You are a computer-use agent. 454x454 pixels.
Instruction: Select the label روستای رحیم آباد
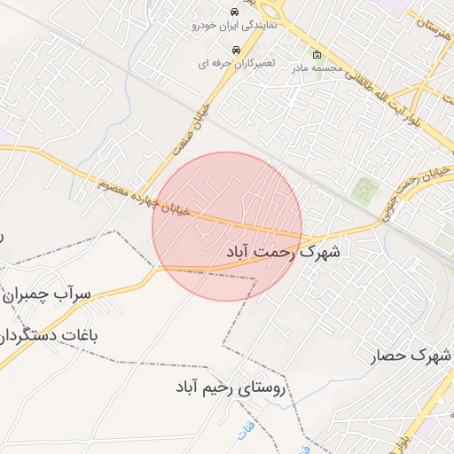click(231, 387)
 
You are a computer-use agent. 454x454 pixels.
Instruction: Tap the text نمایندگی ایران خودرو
click(232, 26)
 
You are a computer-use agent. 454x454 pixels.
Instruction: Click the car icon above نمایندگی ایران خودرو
click(232, 12)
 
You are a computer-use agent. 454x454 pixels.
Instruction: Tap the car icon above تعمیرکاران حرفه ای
click(235, 51)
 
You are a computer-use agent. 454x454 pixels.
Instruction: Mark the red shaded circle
click(227, 226)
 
